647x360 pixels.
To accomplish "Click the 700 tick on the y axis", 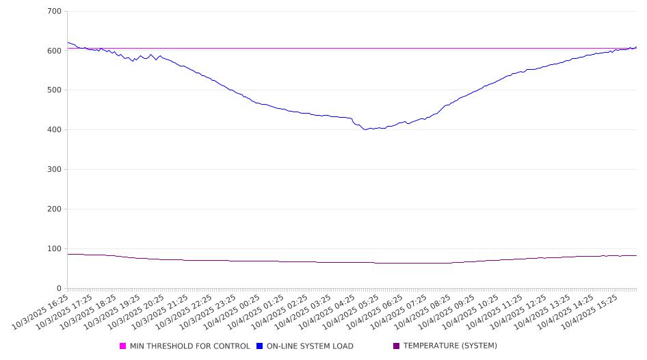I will coord(55,12).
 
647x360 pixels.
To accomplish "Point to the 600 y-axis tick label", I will coord(55,51).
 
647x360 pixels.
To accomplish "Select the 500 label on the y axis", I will coord(55,90).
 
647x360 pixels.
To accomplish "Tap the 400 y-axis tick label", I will coord(55,130).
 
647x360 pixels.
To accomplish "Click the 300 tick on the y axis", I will coord(55,170).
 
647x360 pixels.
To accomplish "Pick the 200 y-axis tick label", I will coord(55,209).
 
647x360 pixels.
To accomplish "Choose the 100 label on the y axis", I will coord(55,249).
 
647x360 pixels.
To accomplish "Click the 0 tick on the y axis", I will coord(60,288).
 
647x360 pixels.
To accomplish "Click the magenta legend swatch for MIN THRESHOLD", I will coord(123,346).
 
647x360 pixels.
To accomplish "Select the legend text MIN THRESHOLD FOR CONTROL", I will coord(189,346).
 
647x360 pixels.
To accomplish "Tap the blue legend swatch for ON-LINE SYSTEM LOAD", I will coord(260,346).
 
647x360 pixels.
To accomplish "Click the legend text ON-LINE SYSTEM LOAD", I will coord(310,346).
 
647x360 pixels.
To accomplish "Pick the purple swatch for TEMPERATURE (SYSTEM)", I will coord(397,346).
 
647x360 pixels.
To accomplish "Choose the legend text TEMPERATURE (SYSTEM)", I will coord(450,346).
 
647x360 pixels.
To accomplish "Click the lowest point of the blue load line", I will coord(366,129).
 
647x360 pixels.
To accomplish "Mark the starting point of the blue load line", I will coord(67,42).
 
